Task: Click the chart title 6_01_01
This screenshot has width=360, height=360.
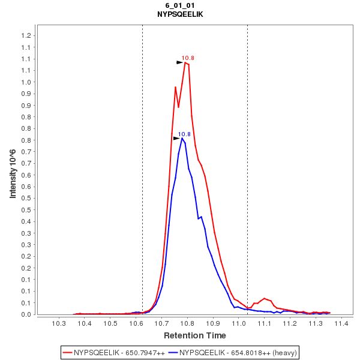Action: (x=180, y=5)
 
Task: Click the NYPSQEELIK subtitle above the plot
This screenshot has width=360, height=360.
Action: (x=180, y=14)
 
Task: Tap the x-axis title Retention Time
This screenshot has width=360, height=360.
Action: (x=195, y=335)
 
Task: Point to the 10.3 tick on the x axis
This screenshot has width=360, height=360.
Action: (x=59, y=324)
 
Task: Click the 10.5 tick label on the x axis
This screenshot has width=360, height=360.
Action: (x=110, y=324)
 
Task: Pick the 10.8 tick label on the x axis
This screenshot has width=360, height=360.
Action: (x=188, y=324)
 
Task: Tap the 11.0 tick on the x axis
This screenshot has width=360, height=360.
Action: (x=239, y=324)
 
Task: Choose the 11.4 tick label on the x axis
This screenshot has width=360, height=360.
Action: (x=342, y=324)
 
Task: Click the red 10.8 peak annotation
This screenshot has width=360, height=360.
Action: (x=188, y=58)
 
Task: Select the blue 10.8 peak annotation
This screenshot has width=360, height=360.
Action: (x=184, y=134)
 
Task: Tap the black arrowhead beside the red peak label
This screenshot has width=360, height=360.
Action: (x=179, y=62)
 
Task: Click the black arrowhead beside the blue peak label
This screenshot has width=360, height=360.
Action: (x=176, y=139)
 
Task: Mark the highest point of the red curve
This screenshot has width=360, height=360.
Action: (x=186, y=62)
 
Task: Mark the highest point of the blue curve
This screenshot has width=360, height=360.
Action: (x=182, y=138)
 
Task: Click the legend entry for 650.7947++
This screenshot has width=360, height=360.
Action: (x=114, y=352)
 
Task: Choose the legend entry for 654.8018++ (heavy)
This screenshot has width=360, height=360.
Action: (x=233, y=352)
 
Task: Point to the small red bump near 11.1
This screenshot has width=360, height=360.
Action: (x=264, y=298)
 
